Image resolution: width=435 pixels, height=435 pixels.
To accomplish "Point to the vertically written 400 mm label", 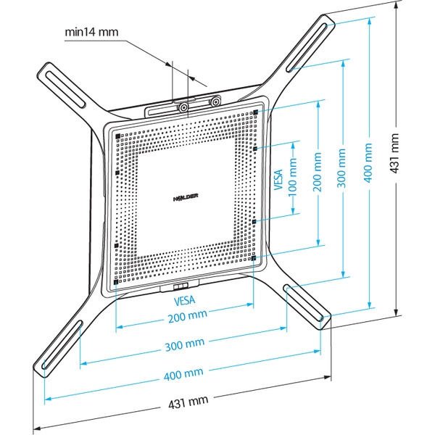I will tap(368, 169).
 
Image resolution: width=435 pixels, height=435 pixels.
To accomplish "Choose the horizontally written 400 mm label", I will tap(183, 374).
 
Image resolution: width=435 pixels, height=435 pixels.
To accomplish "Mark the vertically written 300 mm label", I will tap(341, 175).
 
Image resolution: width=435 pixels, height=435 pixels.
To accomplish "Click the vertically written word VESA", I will tap(278, 176).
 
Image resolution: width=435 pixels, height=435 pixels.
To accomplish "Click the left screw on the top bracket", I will tap(184, 107).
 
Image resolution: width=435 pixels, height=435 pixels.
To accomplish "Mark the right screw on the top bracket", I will tap(215, 102).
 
